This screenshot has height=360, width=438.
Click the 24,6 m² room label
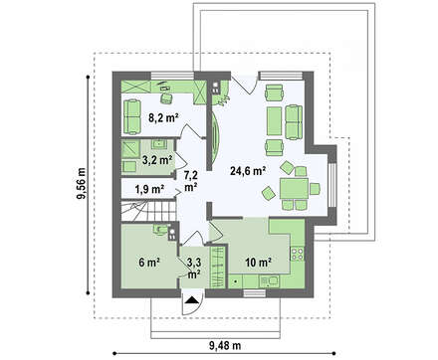(x=248, y=171)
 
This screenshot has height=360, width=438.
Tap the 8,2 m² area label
(x=163, y=117)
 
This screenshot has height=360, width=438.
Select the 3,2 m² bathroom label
(x=157, y=160)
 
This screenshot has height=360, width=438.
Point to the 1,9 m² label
(x=149, y=189)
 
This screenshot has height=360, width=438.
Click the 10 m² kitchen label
(x=259, y=263)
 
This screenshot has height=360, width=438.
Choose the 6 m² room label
(x=149, y=263)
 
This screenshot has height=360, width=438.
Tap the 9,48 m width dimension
(x=225, y=346)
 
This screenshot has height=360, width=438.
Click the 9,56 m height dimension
(x=82, y=184)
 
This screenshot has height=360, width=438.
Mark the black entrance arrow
(x=191, y=300)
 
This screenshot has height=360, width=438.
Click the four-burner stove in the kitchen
(x=298, y=254)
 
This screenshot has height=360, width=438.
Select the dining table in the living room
(x=294, y=188)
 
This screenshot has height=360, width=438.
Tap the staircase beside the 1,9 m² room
(x=148, y=210)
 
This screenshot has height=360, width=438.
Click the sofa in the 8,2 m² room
(x=132, y=117)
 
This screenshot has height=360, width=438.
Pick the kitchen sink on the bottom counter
(x=270, y=282)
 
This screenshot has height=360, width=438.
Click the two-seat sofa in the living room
(x=294, y=121)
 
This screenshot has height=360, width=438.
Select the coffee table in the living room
(x=275, y=121)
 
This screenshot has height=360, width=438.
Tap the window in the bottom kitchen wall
(x=255, y=293)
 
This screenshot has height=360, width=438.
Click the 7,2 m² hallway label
(x=191, y=181)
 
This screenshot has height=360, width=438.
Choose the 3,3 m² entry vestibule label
(x=194, y=269)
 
